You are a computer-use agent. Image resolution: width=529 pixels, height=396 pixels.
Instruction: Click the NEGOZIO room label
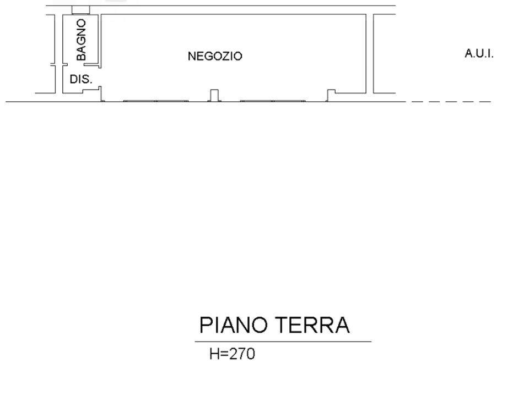click(x=215, y=56)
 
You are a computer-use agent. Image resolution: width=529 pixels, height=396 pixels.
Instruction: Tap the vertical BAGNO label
click(x=82, y=40)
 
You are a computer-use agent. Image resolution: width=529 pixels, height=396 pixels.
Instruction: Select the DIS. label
click(x=80, y=79)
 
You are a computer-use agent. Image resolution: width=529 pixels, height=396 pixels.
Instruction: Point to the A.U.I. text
click(x=479, y=53)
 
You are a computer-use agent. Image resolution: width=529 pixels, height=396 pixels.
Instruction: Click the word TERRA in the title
click(x=313, y=325)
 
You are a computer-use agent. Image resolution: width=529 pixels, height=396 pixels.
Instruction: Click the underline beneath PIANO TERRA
click(x=283, y=342)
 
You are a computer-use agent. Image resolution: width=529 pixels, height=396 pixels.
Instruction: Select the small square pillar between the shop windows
click(x=214, y=95)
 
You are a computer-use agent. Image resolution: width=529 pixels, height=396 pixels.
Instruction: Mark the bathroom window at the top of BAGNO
click(x=80, y=10)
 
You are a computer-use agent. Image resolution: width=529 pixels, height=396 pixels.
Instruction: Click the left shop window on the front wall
click(x=156, y=101)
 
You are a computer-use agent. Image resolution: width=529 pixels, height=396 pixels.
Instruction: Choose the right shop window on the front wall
click(x=273, y=101)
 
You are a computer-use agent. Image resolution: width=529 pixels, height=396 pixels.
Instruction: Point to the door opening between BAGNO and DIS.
click(x=80, y=64)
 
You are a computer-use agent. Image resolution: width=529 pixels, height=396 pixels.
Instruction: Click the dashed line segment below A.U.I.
click(x=451, y=101)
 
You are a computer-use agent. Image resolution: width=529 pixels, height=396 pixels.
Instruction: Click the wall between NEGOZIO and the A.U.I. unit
click(x=370, y=53)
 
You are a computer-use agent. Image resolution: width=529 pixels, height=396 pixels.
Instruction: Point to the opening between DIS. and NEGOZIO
click(x=100, y=77)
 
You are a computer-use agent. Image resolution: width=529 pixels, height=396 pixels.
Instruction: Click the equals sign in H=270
click(x=224, y=354)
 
